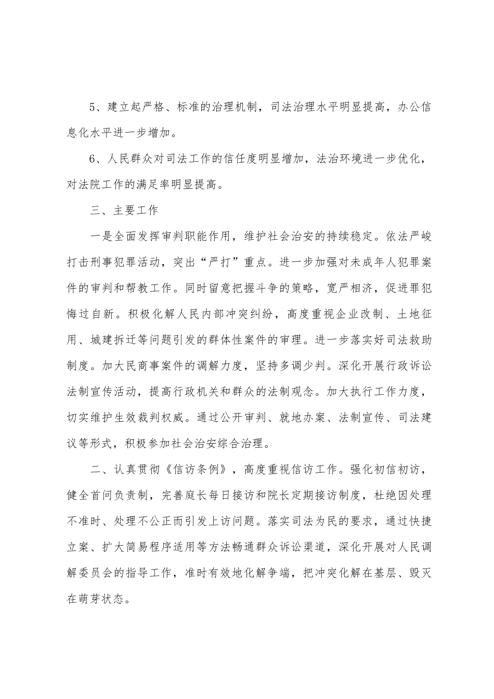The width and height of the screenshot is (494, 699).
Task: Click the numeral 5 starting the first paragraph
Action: tap(94, 108)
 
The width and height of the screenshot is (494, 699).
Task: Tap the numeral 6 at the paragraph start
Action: tap(94, 159)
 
